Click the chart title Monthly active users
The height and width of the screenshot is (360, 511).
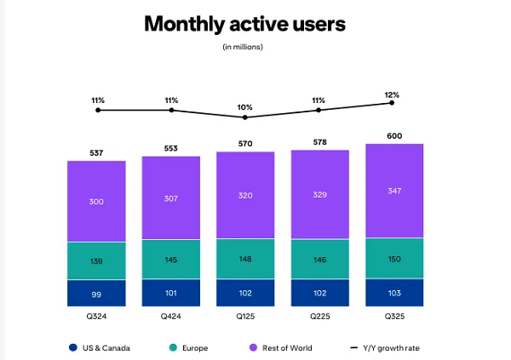244,24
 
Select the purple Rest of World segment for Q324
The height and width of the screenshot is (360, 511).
96,201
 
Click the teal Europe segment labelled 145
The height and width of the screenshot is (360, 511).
171,259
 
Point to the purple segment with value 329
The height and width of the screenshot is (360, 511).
319,195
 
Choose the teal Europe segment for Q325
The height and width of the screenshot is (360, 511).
394,258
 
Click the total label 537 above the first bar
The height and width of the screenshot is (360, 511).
96,153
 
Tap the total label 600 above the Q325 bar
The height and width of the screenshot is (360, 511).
394,136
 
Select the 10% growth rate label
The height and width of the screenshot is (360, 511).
245,107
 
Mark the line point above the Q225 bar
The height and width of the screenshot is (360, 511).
319,110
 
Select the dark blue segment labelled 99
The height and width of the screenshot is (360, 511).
96,293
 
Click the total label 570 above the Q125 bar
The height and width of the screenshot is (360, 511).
245,144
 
